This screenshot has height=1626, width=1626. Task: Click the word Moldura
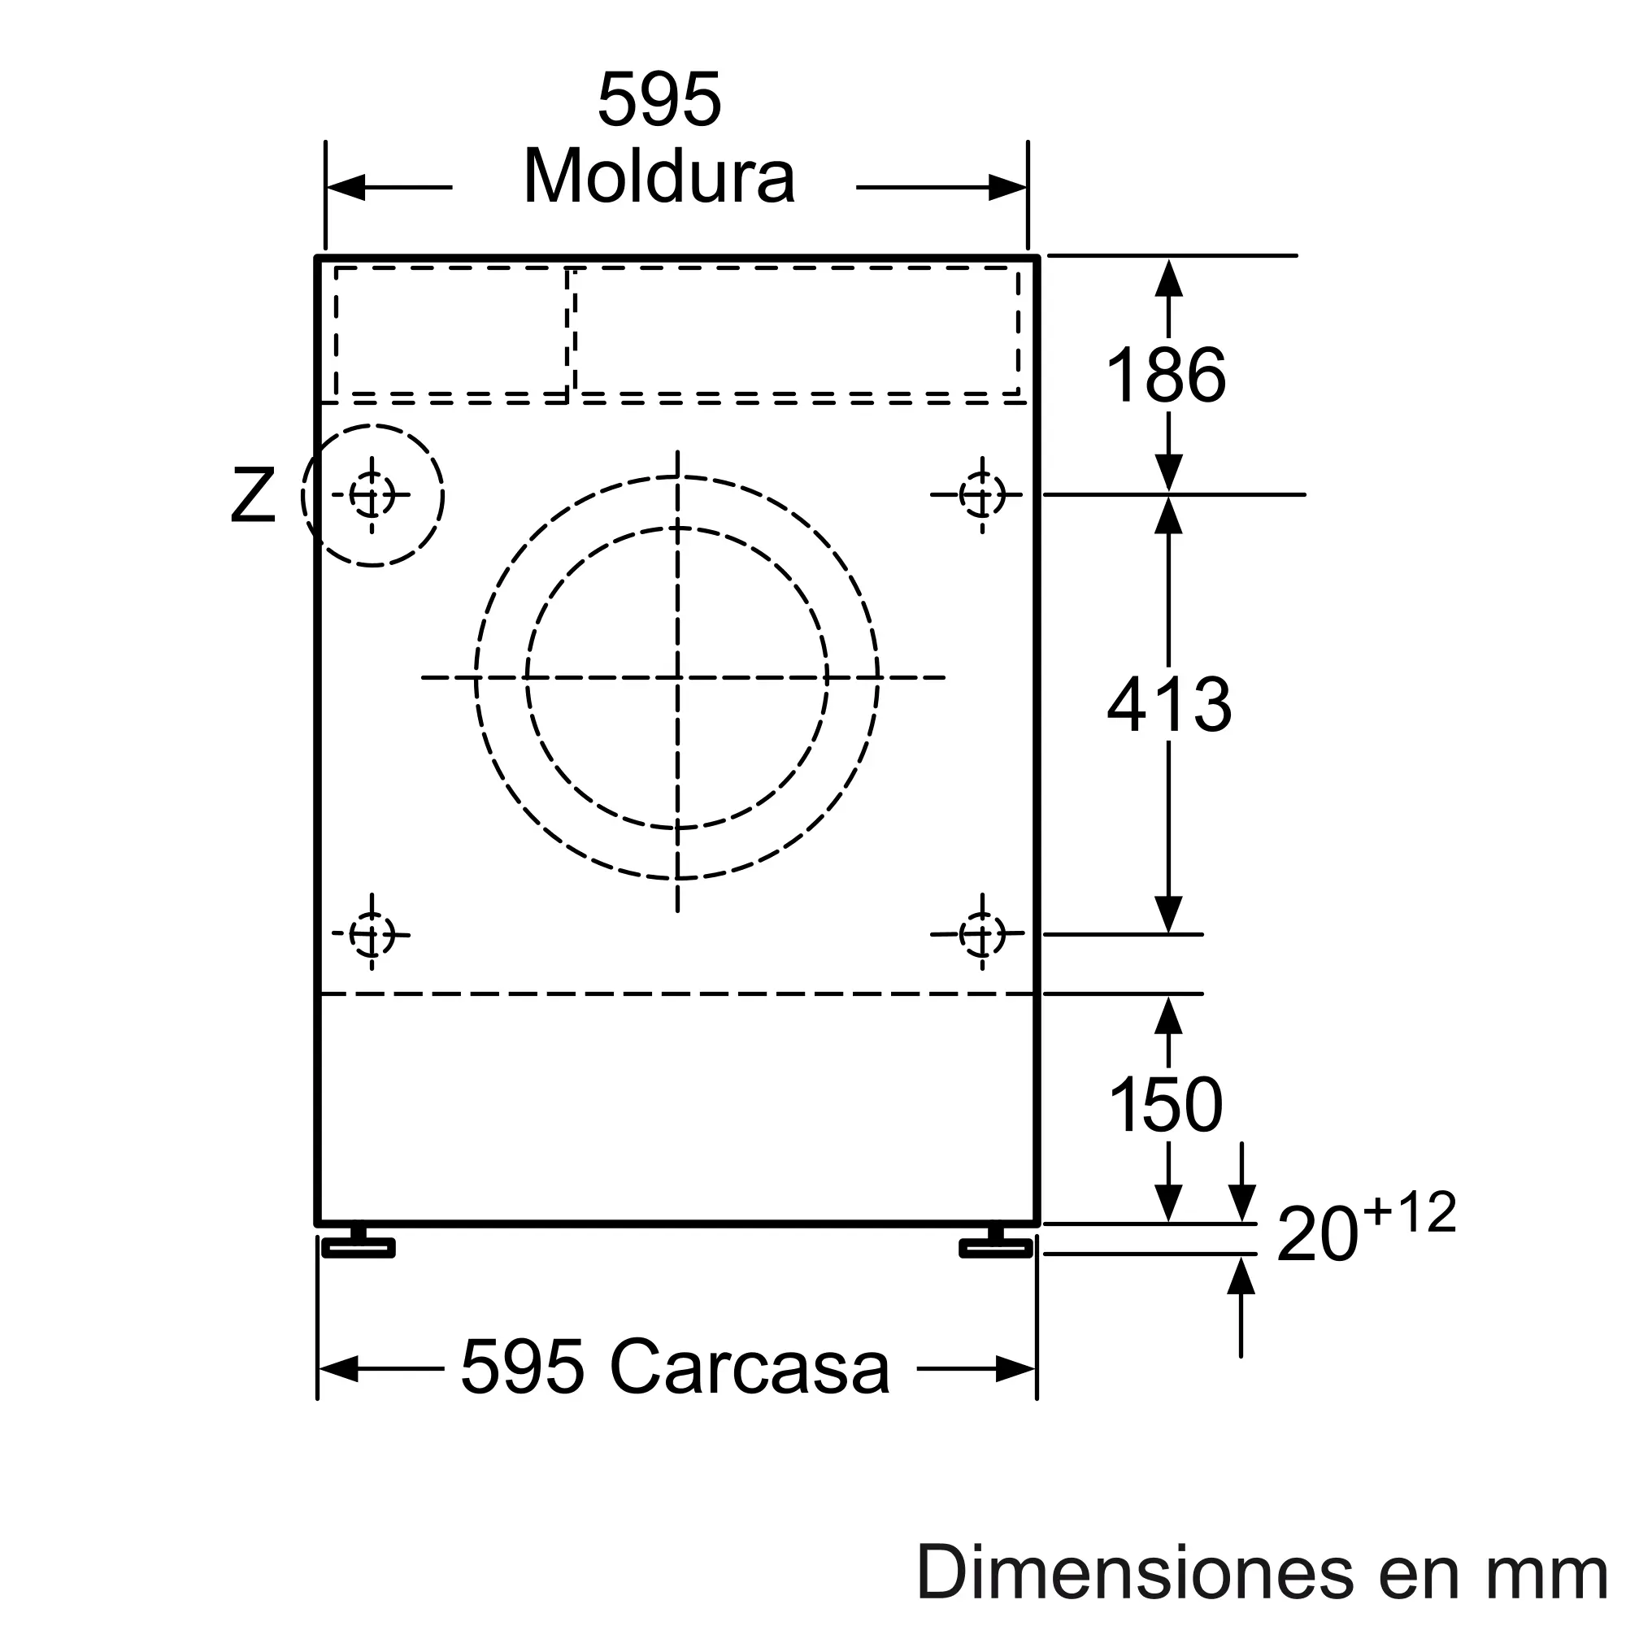[659, 176]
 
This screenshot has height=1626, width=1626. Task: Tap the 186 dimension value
[1166, 376]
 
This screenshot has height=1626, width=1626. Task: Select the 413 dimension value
[1169, 704]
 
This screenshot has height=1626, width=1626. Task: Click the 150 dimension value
[1166, 1105]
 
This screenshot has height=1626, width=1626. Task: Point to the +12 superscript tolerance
[1410, 1213]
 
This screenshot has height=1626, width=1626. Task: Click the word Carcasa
[749, 1367]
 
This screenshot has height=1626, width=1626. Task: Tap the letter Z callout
[253, 497]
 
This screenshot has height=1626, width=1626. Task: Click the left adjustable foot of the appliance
[359, 1246]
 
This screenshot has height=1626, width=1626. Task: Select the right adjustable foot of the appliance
[997, 1246]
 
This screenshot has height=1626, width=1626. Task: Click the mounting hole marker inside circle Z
[372, 495]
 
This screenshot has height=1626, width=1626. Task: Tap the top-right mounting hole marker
[982, 495]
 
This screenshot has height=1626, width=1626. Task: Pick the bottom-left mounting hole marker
[372, 933]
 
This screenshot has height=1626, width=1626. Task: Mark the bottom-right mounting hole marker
[982, 933]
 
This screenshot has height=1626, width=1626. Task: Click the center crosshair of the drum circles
[677, 677]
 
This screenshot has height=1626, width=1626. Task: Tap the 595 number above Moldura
[659, 100]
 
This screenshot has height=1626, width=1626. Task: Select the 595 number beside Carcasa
[523, 1367]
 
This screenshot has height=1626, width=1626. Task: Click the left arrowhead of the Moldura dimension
[346, 188]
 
